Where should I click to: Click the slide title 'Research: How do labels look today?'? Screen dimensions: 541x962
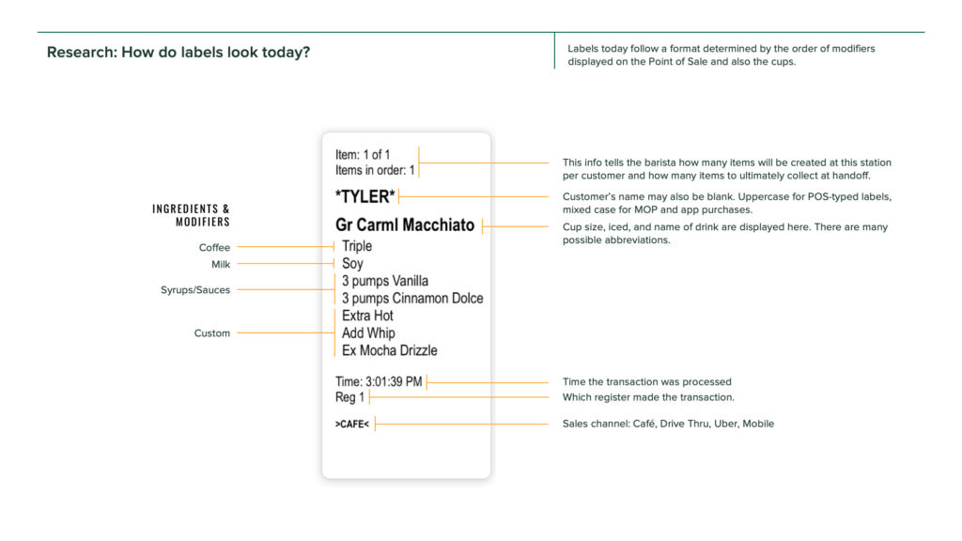pos(178,52)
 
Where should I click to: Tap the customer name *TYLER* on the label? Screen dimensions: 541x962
pos(365,196)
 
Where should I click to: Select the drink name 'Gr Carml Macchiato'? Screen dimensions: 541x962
pos(405,225)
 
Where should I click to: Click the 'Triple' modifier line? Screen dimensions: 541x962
pos(357,246)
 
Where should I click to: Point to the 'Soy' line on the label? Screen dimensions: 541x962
pos(352,264)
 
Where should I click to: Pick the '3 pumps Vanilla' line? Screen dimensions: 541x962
pos(385,281)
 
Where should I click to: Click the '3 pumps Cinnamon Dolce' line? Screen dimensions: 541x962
pos(412,299)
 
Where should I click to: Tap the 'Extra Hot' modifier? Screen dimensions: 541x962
pos(367,316)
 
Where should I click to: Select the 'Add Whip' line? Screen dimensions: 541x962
pos(368,333)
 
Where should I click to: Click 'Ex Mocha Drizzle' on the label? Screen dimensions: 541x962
pos(389,350)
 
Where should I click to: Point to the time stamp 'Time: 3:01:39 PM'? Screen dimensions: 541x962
pos(379,381)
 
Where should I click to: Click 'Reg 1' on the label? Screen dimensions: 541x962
pos(349,397)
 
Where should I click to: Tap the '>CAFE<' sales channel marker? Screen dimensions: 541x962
pos(352,425)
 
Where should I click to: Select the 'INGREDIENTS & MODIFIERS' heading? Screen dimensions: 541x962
pos(192,215)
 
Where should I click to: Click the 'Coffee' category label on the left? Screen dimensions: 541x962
pos(214,248)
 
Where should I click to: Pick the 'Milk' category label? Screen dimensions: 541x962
pos(220,265)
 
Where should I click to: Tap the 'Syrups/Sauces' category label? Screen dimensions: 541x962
pos(195,290)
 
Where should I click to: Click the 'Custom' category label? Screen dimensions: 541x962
pos(212,333)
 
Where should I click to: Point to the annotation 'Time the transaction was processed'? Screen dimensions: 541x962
pos(646,382)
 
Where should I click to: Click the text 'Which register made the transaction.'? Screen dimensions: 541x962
pos(648,397)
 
